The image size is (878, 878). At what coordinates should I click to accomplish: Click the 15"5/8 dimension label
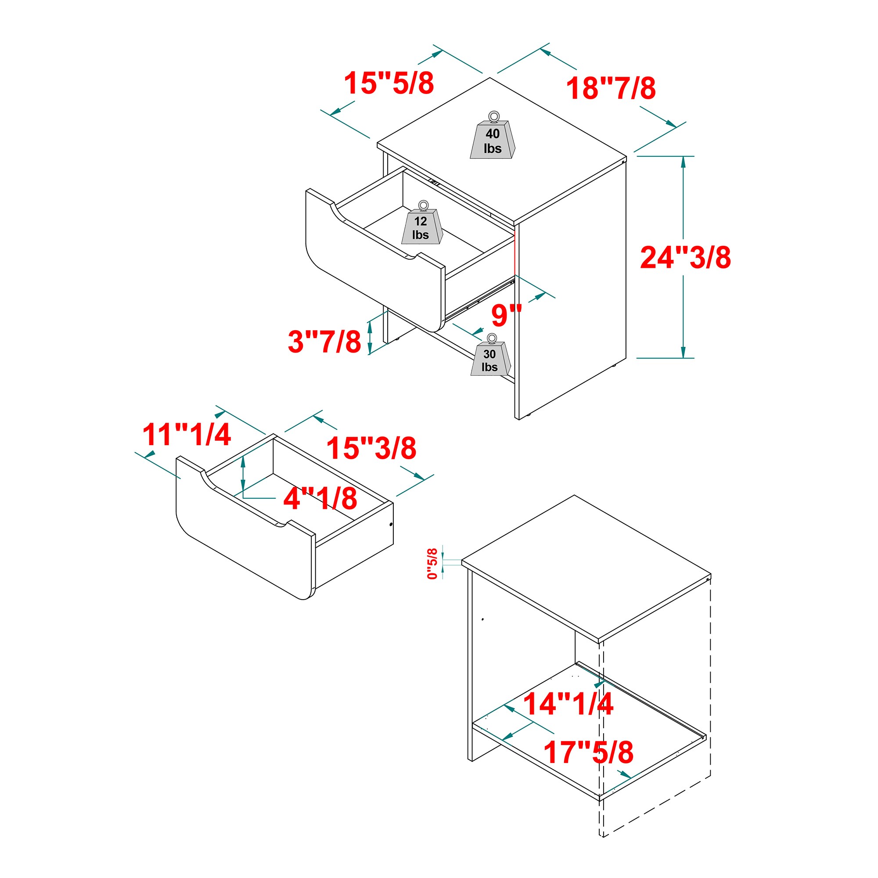(x=389, y=83)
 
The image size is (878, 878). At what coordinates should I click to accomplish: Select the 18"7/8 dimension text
(x=610, y=88)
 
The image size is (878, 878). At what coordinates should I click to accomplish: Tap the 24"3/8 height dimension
(x=685, y=257)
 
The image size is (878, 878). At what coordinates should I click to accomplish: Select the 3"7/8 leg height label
(x=324, y=341)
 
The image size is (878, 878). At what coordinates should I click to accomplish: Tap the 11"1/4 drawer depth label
(x=187, y=435)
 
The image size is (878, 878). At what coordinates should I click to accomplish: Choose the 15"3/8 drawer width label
(x=371, y=448)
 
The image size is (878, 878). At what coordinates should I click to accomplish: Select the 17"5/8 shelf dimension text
(x=588, y=752)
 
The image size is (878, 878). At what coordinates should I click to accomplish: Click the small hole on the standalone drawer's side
(x=391, y=525)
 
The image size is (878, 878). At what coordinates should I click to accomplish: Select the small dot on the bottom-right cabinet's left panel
(x=482, y=619)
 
